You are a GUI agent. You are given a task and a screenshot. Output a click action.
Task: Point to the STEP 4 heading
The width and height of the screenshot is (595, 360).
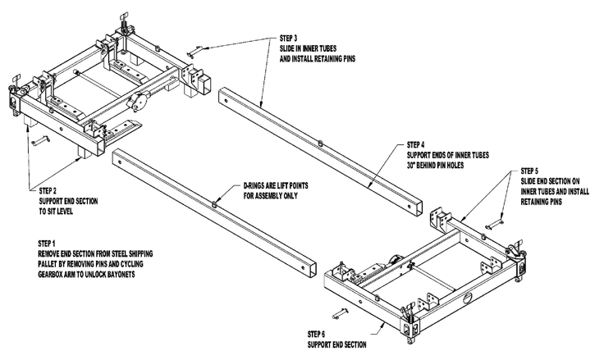pyautogui.click(x=421, y=143)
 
